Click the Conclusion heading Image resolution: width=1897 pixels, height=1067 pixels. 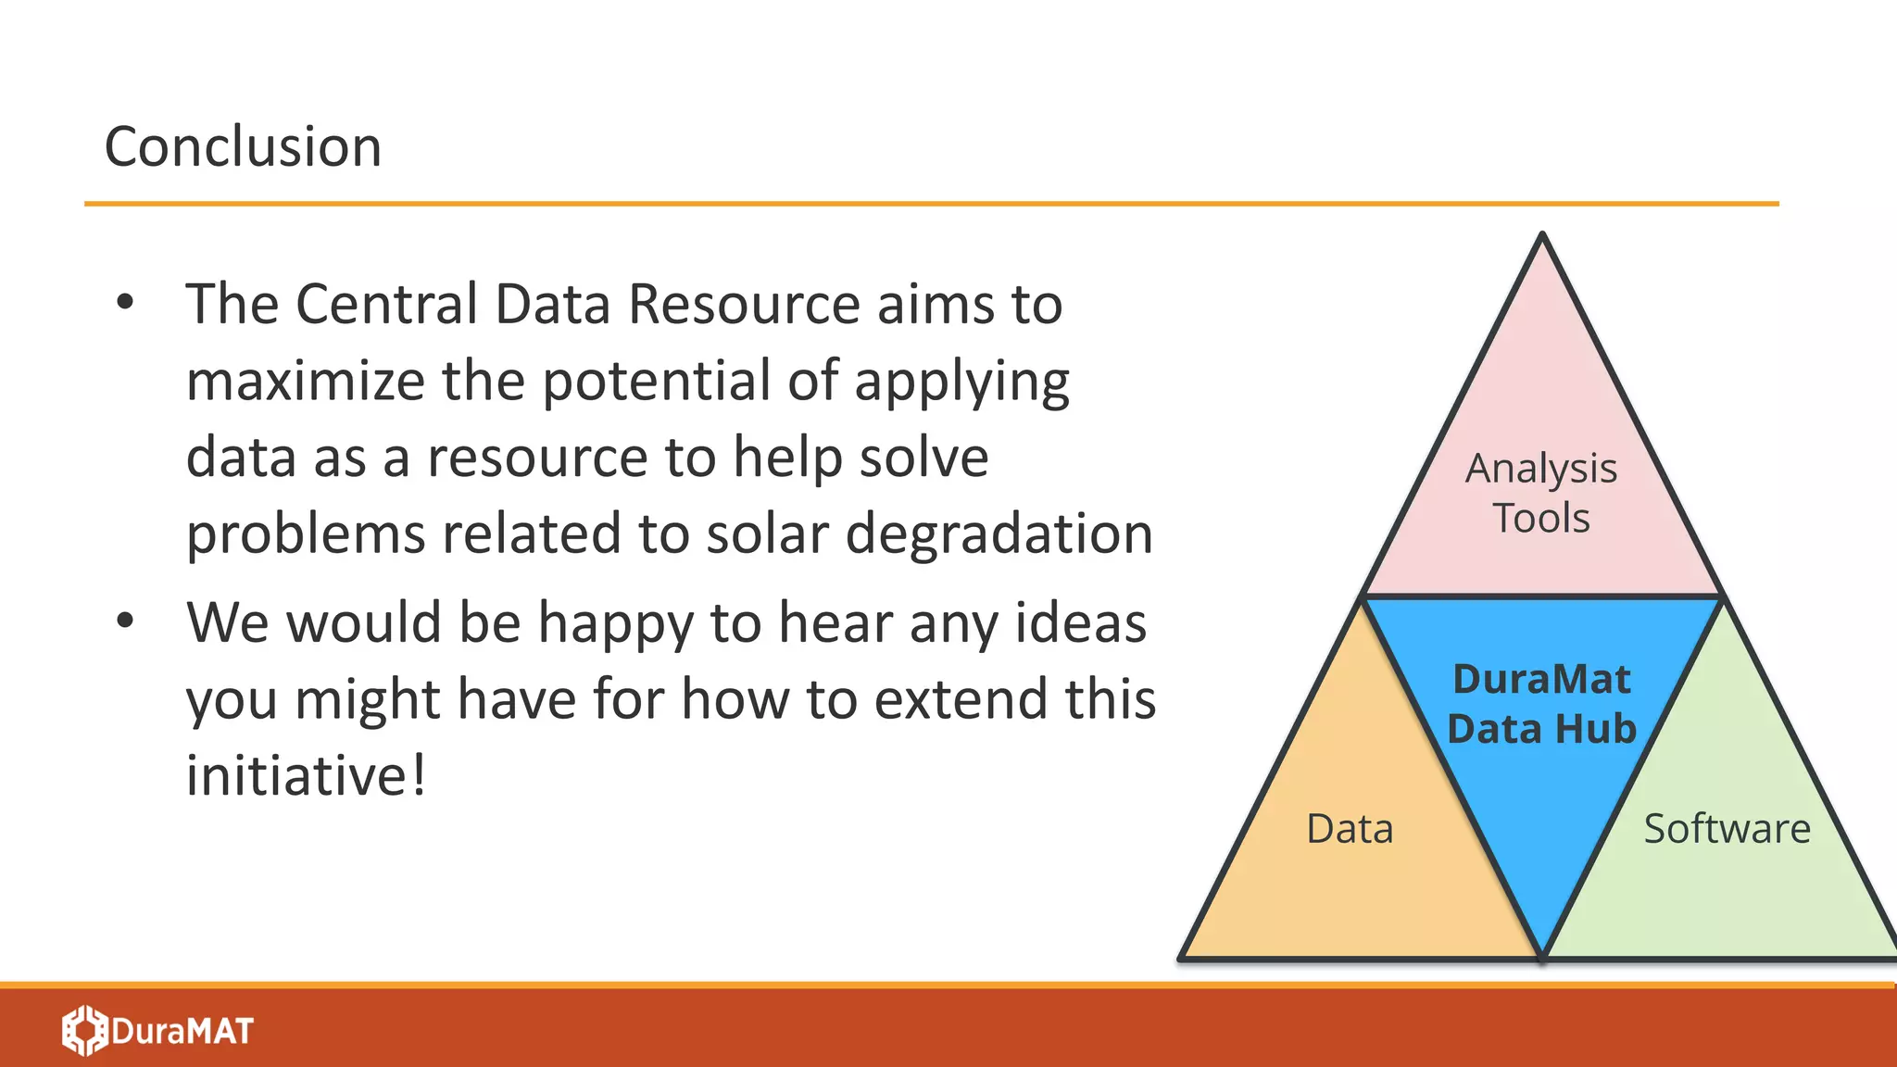pyautogui.click(x=243, y=146)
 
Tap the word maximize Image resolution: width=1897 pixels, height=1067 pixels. pyautogui.click(x=305, y=381)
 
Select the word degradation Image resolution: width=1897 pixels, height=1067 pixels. pyautogui.click(x=999, y=533)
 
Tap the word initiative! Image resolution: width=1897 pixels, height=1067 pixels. pyautogui.click(x=306, y=775)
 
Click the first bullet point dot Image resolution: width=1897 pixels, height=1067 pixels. pyautogui.click(x=125, y=302)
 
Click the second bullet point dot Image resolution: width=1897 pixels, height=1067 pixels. pyautogui.click(x=125, y=621)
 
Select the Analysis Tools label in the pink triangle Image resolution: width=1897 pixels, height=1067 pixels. pyautogui.click(x=1541, y=493)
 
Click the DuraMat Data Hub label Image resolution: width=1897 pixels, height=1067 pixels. pyautogui.click(x=1541, y=704)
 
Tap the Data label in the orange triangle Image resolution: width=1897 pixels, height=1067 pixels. pyautogui.click(x=1350, y=828)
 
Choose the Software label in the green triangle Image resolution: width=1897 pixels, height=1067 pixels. pyautogui.click(x=1727, y=828)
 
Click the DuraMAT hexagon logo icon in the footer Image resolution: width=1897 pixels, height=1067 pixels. pyautogui.click(x=85, y=1030)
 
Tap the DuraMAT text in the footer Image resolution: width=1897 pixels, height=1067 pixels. pyautogui.click(x=182, y=1031)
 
